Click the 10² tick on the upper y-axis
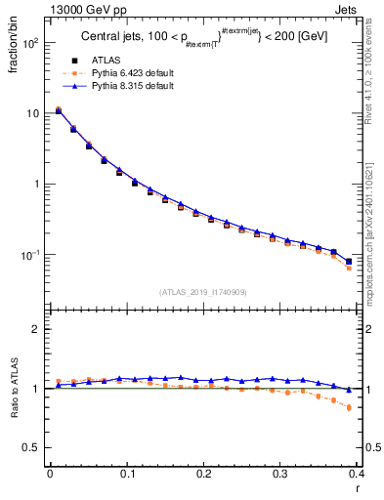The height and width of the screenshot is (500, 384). point(30,44)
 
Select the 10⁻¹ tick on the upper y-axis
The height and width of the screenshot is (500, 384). point(30,255)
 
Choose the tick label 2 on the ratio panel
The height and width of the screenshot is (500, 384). point(36,330)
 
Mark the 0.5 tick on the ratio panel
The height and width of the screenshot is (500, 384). point(31,448)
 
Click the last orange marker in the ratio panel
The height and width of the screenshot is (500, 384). point(349,408)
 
